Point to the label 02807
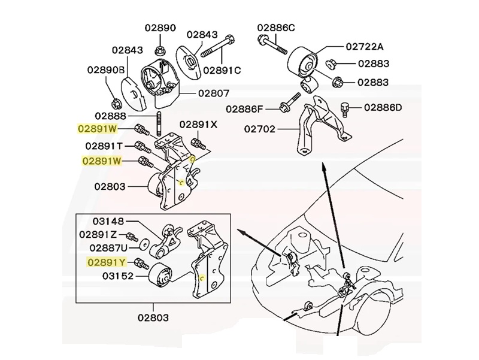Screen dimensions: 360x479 [x=197, y=93]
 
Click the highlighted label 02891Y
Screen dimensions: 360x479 [x=106, y=262]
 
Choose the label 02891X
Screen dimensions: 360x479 [x=198, y=125]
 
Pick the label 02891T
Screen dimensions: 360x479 [x=104, y=146]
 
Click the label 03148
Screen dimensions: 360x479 [x=108, y=221]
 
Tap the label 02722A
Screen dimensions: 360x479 [x=364, y=46]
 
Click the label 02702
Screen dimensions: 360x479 [x=262, y=128]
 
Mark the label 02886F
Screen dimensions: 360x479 [x=244, y=108]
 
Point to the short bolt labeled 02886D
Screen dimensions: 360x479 [x=344, y=109]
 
